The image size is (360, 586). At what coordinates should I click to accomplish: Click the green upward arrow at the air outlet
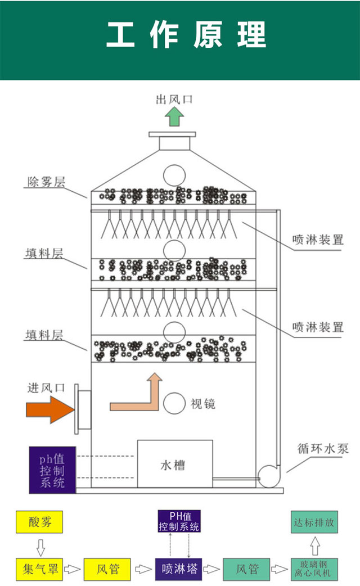tap(174, 117)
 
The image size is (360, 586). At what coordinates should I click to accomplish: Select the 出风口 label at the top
tap(174, 100)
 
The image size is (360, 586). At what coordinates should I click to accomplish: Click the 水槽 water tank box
tap(175, 465)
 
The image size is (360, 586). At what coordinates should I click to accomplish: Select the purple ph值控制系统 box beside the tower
tap(52, 470)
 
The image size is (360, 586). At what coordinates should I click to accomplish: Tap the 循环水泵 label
tap(323, 448)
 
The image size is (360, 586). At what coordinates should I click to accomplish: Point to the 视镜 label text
tap(203, 404)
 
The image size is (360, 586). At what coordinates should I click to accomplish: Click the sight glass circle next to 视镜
tap(174, 403)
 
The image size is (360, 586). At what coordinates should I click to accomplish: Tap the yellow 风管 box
tap(107, 569)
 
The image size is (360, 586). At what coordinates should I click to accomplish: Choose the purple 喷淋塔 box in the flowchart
tap(178, 569)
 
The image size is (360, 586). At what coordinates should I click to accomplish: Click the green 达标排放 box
tap(314, 522)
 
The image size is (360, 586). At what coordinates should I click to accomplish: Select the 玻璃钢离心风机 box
tap(314, 569)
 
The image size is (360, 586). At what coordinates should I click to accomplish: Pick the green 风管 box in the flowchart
tap(246, 569)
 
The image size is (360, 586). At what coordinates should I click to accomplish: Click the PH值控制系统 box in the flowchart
tap(178, 521)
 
